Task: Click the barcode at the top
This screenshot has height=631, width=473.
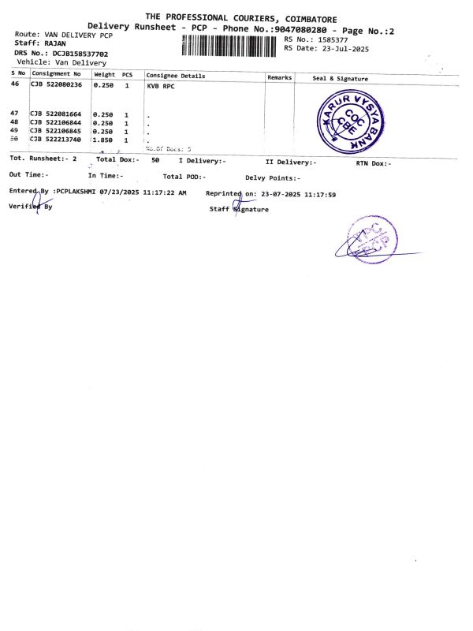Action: pyautogui.click(x=230, y=45)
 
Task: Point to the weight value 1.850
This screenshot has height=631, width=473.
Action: pyautogui.click(x=103, y=139)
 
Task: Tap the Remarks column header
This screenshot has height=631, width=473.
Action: pyautogui.click(x=280, y=77)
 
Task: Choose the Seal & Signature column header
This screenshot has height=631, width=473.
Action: pyautogui.click(x=340, y=78)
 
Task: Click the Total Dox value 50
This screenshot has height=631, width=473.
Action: pyautogui.click(x=155, y=160)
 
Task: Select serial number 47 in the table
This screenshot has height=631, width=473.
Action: pyautogui.click(x=14, y=114)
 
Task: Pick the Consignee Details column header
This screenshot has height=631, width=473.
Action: pyautogui.click(x=175, y=76)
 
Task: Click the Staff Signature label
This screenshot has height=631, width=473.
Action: pyautogui.click(x=239, y=209)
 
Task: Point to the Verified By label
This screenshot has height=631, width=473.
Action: pyautogui.click(x=31, y=206)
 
